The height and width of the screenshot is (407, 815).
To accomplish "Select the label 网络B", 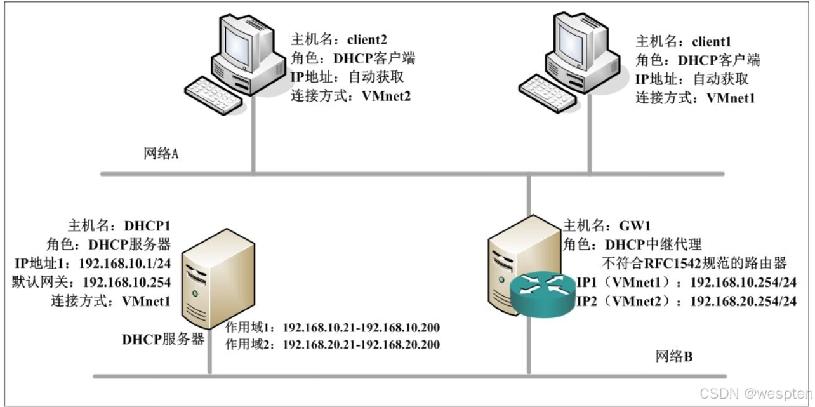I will point(673,357).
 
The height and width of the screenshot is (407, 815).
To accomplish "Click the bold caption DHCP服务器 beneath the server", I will point(163,340).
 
